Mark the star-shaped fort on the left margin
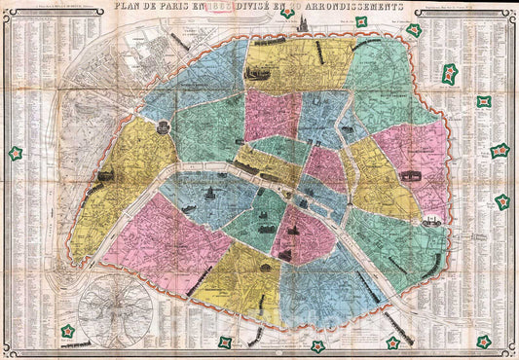point(16,154)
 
